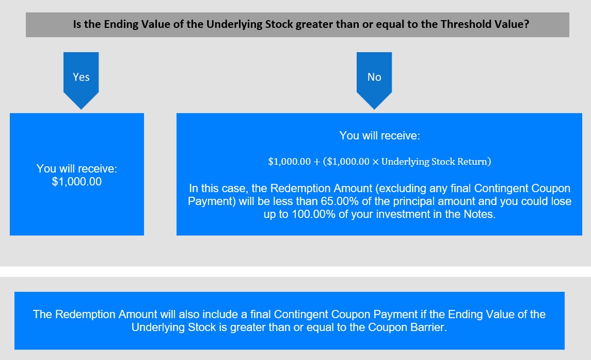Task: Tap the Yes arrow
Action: click(x=81, y=81)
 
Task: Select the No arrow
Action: click(x=374, y=81)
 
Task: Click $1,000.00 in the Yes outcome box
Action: click(x=77, y=181)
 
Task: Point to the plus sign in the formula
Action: click(x=316, y=162)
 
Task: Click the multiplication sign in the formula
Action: click(x=375, y=162)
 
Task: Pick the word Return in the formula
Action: click(x=473, y=162)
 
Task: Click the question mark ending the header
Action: click(x=526, y=24)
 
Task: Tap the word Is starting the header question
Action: click(x=77, y=24)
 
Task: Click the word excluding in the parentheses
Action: click(x=412, y=189)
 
